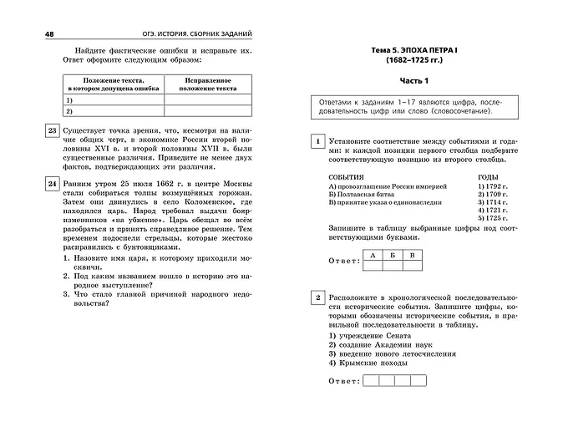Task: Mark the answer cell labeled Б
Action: tap(392, 255)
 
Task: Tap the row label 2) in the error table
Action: tap(69, 110)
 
